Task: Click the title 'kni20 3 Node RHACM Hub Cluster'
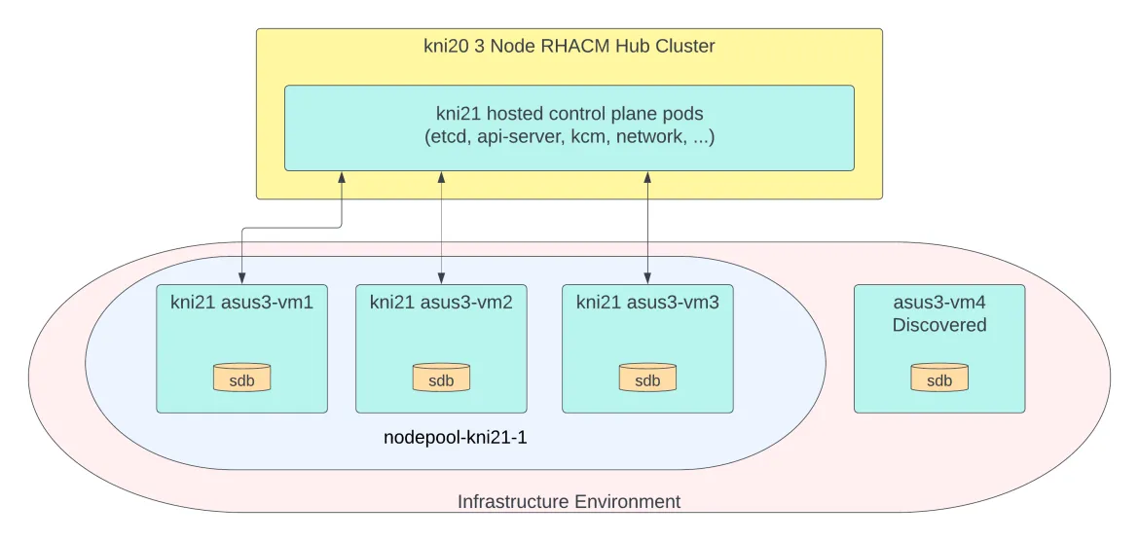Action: (x=569, y=46)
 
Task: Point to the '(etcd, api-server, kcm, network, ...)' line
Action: (x=569, y=136)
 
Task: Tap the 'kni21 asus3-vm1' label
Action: (x=241, y=302)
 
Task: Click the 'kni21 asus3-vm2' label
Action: (x=441, y=302)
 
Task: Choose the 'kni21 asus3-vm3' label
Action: (x=647, y=302)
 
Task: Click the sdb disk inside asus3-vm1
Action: (x=241, y=379)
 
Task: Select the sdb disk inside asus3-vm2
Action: (x=441, y=379)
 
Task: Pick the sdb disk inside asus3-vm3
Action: (x=647, y=379)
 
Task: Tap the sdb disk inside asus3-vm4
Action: (x=939, y=379)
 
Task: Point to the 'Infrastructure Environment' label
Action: (x=569, y=502)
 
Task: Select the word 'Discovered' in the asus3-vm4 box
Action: (x=939, y=325)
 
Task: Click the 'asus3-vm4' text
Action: (x=939, y=302)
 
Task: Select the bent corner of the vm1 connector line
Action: (x=341, y=228)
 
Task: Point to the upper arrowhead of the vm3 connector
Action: (x=647, y=177)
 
